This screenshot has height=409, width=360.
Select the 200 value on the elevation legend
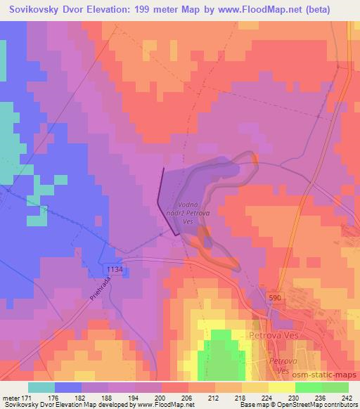pos(161,397)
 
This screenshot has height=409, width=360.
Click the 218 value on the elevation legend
pos(239,397)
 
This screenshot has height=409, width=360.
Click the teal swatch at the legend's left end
pos(41,387)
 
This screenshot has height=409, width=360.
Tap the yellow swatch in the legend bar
pos(281,387)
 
